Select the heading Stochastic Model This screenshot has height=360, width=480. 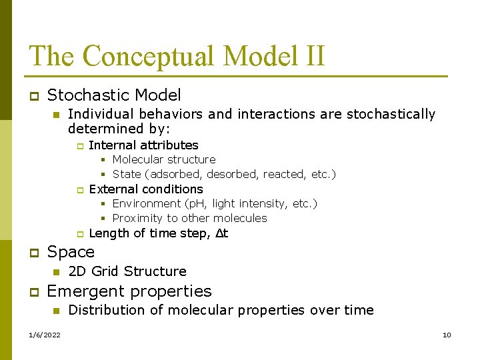(114, 95)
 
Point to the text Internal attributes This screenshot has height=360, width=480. (143, 145)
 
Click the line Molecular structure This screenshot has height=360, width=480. (164, 159)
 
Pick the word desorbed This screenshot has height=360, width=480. (233, 174)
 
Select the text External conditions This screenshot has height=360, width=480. (145, 189)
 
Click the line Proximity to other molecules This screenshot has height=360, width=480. (189, 218)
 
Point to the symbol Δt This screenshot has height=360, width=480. (221, 233)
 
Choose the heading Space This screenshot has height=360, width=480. (71, 252)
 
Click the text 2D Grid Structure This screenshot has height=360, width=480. (127, 271)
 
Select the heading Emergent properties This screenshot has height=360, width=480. (129, 291)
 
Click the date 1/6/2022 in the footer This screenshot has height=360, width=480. (45, 335)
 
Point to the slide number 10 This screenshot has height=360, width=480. (447, 335)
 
